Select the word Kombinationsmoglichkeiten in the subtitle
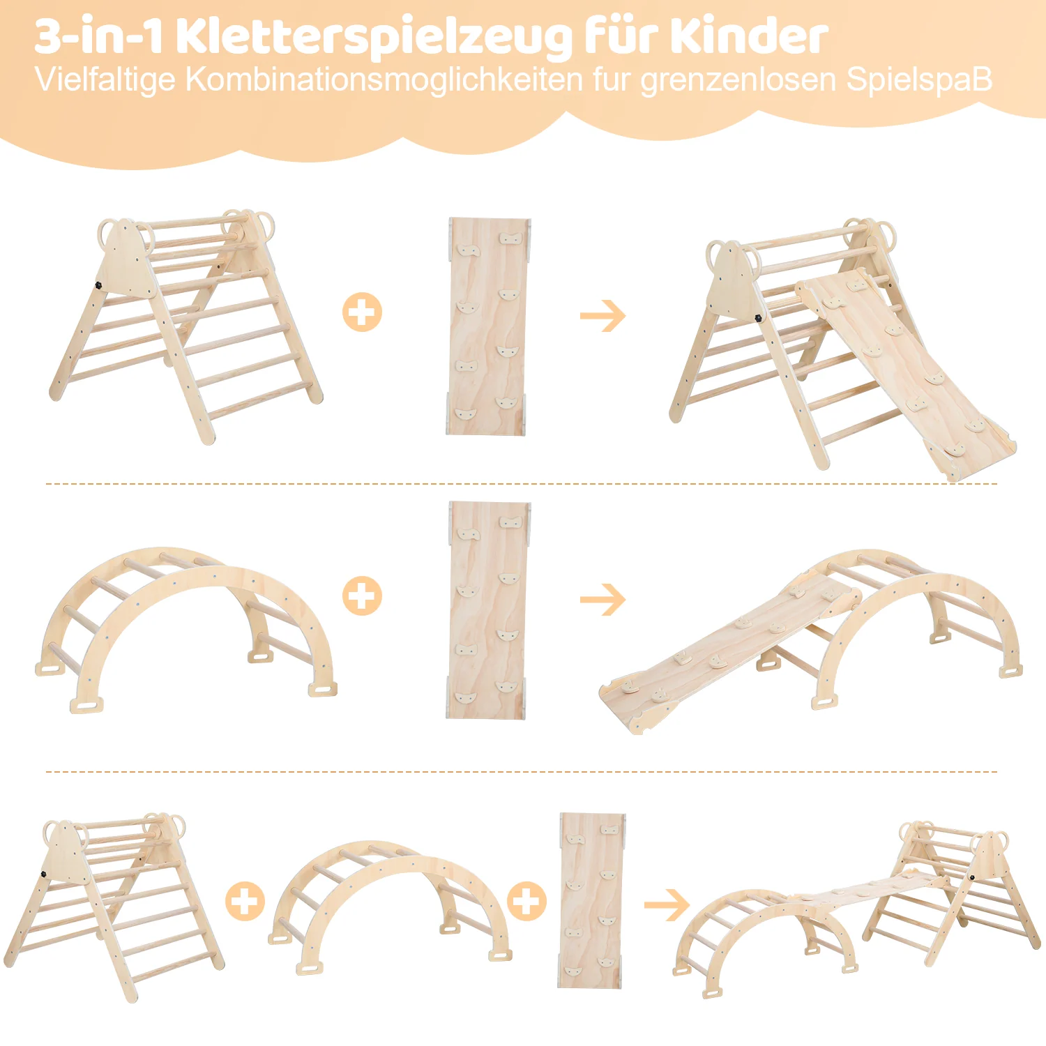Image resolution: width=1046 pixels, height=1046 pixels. (x=384, y=79)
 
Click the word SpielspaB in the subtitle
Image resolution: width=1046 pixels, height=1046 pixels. (x=920, y=80)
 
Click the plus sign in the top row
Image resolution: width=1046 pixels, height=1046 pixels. (x=362, y=312)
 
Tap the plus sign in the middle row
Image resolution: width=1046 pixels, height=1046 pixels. (x=362, y=596)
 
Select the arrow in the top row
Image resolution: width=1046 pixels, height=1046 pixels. (x=603, y=316)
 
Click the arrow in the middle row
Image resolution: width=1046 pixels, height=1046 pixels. (x=603, y=600)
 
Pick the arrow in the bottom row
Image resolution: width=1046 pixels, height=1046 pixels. (x=667, y=905)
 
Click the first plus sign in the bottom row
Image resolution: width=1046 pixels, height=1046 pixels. (x=245, y=901)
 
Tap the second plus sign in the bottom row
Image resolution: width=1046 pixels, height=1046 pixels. (x=526, y=901)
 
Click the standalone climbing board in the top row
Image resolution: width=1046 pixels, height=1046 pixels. (x=488, y=326)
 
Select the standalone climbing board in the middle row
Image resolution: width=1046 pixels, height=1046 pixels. (x=488, y=610)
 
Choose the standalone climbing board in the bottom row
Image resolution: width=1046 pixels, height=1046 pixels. (x=592, y=900)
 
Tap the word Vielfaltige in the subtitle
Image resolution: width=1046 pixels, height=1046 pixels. (x=105, y=80)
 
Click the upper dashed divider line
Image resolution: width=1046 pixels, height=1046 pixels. (x=522, y=483)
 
